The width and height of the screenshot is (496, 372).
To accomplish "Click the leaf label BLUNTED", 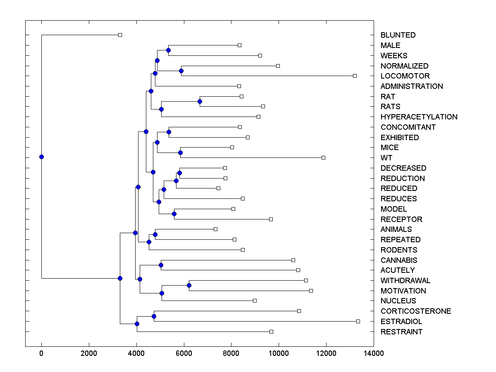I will [x=398, y=35].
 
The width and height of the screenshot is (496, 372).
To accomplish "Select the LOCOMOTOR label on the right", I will [x=405, y=76].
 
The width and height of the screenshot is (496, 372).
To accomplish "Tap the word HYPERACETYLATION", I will [x=419, y=117].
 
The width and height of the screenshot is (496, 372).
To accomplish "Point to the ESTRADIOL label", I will [x=401, y=322].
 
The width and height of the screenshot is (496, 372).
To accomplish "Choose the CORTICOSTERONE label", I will [x=416, y=311].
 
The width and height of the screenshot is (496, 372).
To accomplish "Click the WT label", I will [x=386, y=158].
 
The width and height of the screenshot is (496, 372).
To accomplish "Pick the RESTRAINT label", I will [x=401, y=332].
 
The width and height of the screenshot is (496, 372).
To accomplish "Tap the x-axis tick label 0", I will [x=41, y=353].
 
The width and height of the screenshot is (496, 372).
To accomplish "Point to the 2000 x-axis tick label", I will [x=89, y=353].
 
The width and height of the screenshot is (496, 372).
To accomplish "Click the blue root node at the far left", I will [x=41, y=157].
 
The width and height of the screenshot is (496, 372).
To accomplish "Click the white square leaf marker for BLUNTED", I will [x=120, y=35].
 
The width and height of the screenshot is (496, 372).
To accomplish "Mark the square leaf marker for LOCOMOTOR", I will [x=355, y=76].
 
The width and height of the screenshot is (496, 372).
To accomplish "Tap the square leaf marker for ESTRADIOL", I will [x=358, y=321].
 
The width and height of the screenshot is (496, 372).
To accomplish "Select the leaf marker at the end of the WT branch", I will [x=323, y=157].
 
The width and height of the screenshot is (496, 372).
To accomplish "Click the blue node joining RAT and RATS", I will [x=200, y=101].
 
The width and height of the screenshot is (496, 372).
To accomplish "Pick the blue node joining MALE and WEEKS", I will [x=168, y=50].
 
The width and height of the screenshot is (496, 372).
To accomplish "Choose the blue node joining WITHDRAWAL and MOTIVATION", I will [x=189, y=285].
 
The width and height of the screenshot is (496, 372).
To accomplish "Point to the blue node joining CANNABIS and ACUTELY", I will [x=161, y=265].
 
